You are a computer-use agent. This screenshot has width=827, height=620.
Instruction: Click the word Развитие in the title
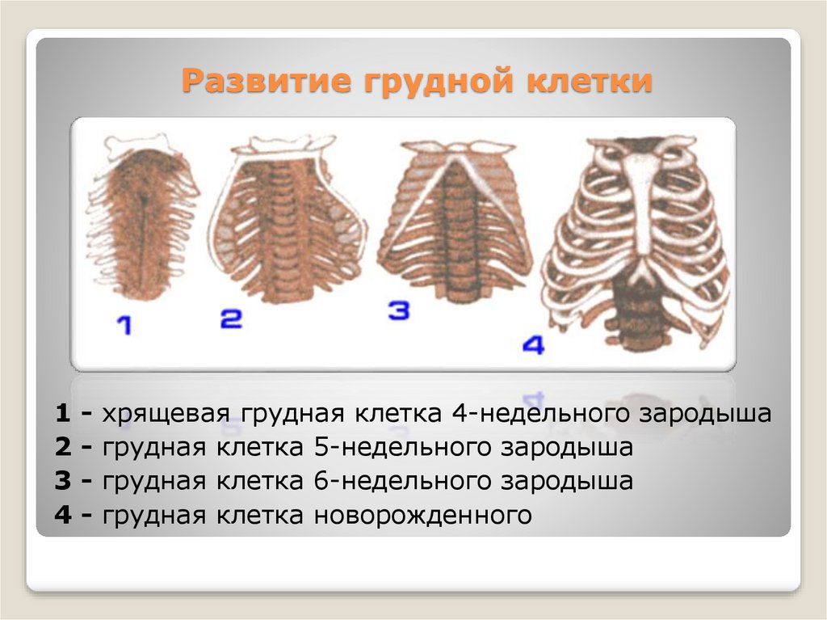pyautogui.click(x=267, y=81)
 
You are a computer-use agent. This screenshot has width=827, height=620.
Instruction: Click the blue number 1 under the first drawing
pyautogui.click(x=124, y=325)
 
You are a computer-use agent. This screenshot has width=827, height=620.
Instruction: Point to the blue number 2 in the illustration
pyautogui.click(x=231, y=318)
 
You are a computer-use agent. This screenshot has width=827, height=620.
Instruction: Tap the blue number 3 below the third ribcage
pyautogui.click(x=399, y=310)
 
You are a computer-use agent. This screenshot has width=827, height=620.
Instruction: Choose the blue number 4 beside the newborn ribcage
pyautogui.click(x=533, y=345)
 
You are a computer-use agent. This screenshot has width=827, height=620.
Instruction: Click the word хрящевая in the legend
pyautogui.click(x=166, y=414)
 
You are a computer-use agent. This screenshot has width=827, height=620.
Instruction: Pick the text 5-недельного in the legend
pyautogui.click(x=402, y=448)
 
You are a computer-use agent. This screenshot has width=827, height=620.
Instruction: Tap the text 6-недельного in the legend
pyautogui.click(x=402, y=482)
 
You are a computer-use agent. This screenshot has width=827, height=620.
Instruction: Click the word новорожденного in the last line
pyautogui.click(x=423, y=516)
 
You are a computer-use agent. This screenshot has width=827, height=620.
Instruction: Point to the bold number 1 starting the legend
pyautogui.click(x=62, y=414)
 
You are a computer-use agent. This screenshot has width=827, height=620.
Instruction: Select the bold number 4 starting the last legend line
pyautogui.click(x=63, y=515)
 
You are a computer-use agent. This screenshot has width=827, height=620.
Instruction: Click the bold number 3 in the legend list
pyautogui.click(x=63, y=481)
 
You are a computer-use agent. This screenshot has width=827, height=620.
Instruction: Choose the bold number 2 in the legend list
pyautogui.click(x=63, y=447)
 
